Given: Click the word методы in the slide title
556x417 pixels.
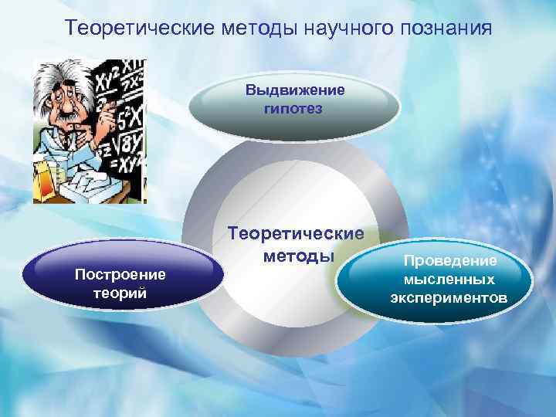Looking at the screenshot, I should pos(251,29).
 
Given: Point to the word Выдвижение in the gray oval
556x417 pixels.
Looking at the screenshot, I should pos(296,90).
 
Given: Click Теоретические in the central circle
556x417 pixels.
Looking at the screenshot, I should pos(296,233).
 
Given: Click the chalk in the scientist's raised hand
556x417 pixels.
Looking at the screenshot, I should pos(116,99).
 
